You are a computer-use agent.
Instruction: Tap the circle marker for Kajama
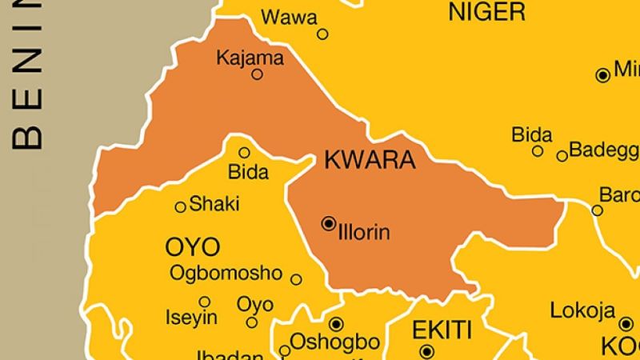click(x=258, y=74)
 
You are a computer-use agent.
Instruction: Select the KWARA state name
click(x=370, y=160)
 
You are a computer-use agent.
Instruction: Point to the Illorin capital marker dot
click(x=328, y=224)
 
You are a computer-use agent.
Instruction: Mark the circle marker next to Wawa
click(x=322, y=34)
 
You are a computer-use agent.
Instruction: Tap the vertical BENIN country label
click(x=28, y=79)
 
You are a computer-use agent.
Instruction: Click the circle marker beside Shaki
click(x=181, y=206)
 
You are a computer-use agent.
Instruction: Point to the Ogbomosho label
click(x=226, y=273)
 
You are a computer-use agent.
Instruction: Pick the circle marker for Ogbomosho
click(x=296, y=279)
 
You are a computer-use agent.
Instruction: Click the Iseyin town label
click(x=190, y=318)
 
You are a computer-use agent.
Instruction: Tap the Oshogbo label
click(x=334, y=342)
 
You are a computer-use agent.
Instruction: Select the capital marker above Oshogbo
click(x=336, y=323)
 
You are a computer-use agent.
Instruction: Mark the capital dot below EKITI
click(x=426, y=350)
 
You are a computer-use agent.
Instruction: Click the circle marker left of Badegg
click(x=562, y=155)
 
